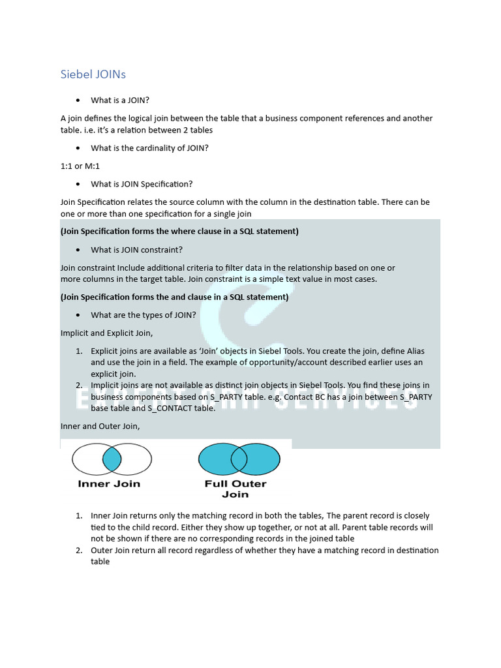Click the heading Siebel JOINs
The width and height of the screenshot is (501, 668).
(93, 74)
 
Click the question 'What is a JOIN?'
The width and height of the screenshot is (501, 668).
(120, 100)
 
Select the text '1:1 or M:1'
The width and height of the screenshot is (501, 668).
(80, 166)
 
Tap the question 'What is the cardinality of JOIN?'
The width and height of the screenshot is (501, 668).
(149, 148)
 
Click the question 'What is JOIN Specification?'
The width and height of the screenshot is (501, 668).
(142, 184)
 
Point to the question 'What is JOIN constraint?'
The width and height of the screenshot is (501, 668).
(136, 250)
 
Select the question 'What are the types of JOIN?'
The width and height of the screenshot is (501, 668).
(143, 315)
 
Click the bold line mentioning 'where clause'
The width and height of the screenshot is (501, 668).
(179, 232)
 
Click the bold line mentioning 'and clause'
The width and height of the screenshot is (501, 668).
(174, 297)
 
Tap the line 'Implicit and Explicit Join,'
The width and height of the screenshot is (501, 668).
(106, 333)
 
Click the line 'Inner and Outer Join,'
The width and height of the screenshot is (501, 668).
(100, 426)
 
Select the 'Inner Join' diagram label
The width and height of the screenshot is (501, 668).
(109, 484)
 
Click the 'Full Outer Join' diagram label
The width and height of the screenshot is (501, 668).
(235, 489)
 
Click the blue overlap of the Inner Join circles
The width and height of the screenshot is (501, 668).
(112, 459)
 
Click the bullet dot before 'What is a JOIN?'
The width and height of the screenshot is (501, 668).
(78, 100)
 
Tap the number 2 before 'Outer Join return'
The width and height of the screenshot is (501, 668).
(78, 550)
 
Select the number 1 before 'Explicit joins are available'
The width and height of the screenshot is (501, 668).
(78, 351)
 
